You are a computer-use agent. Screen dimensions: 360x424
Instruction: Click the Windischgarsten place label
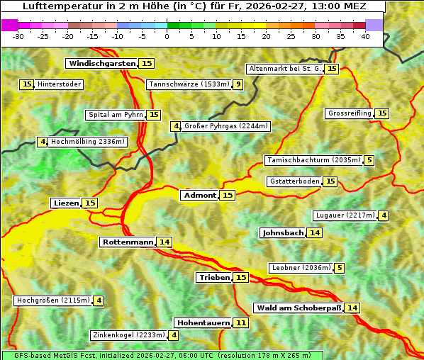click(x=102, y=64)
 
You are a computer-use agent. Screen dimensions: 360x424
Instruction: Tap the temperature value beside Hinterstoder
click(x=27, y=84)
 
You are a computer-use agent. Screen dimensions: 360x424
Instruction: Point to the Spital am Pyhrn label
click(x=115, y=115)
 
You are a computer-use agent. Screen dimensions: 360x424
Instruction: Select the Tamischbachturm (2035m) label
click(x=313, y=160)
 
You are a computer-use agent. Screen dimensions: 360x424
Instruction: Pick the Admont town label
click(x=199, y=195)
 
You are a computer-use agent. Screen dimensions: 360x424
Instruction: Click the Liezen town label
click(x=66, y=203)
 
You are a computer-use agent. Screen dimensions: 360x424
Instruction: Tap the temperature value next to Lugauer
click(x=384, y=215)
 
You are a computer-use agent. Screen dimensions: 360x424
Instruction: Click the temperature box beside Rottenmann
click(x=164, y=242)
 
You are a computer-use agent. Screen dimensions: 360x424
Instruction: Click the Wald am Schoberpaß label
click(x=299, y=308)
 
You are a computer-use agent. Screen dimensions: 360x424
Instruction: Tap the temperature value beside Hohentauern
click(x=241, y=322)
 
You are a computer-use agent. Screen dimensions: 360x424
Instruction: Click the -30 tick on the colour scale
click(x=18, y=35)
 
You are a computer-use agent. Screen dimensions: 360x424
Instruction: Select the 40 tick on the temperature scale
click(x=365, y=35)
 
